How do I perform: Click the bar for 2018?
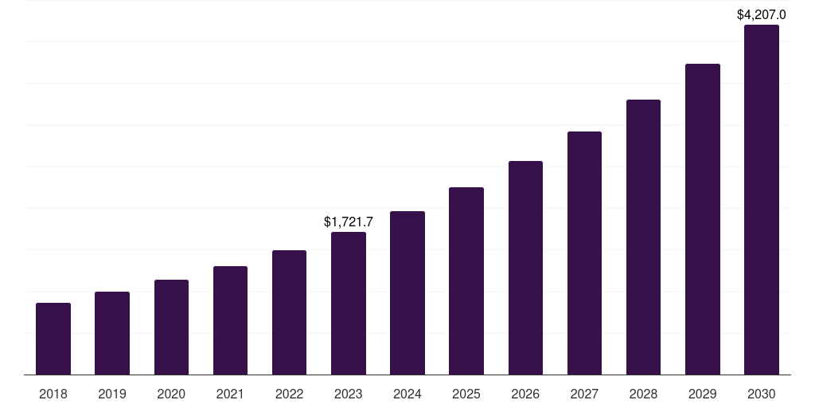point(53,339)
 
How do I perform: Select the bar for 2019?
point(112,333)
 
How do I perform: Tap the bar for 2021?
point(230,320)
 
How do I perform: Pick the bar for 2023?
point(349,303)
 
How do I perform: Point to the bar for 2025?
point(466,280)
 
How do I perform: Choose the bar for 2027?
point(584,253)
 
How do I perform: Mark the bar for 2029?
point(703,219)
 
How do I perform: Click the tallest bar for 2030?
point(762,199)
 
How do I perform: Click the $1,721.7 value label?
point(349,222)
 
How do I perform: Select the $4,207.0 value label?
point(762,14)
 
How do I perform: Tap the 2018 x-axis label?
point(53,394)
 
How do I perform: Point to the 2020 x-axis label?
point(171,394)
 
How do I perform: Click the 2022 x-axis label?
point(289,394)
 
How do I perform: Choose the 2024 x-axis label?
point(407,394)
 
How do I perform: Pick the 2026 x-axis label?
point(525,394)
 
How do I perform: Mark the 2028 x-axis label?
point(643,394)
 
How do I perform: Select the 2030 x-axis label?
point(762,394)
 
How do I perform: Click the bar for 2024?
point(407,292)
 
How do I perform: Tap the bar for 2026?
point(525,268)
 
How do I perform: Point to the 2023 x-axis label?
point(349,394)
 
